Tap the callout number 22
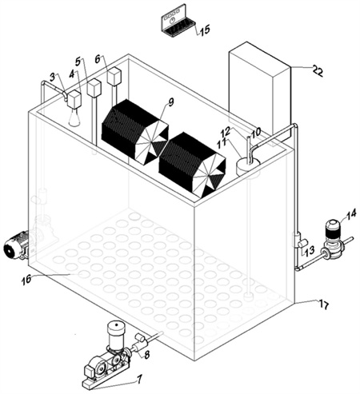pos(317,71)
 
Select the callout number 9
pos(171,102)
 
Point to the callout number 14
pos(351,214)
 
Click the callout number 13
pos(310,250)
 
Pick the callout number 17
pos(323,304)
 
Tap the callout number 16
pos(26,280)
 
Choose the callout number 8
pos(146,354)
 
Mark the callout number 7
pos(139,378)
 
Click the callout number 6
pos(98,59)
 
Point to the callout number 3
pos(53,77)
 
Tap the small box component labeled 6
pos(114,76)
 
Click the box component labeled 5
pos(94,88)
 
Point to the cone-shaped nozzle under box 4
pos(74,117)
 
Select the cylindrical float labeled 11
pos(248,166)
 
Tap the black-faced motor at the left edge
pos(15,245)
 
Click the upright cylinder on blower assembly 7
pos(116,332)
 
